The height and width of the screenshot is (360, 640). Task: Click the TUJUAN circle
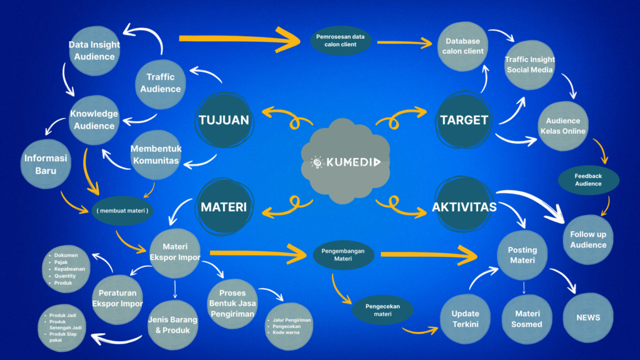[223, 120]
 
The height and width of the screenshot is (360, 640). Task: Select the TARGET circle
[464, 120]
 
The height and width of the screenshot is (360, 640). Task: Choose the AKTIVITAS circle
[464, 207]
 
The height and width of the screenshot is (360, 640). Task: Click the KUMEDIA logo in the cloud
[349, 162]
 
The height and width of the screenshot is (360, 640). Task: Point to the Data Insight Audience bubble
[94, 51]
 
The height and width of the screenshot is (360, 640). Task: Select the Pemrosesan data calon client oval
[341, 41]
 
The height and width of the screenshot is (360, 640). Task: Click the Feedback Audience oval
[588, 179]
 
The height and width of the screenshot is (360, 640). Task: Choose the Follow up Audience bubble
[588, 239]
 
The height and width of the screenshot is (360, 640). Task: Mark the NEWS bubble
[588, 317]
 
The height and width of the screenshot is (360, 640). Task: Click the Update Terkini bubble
[465, 318]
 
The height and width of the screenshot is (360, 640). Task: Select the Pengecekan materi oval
[383, 309]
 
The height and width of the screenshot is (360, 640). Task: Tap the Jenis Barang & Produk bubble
[172, 325]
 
